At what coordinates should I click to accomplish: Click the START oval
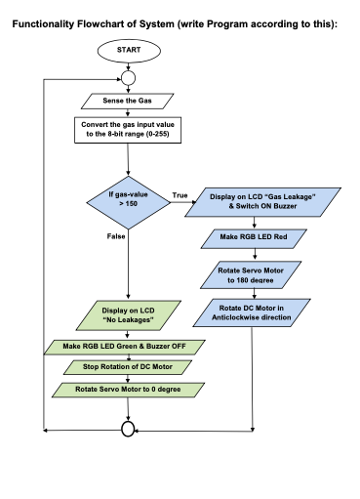(128, 50)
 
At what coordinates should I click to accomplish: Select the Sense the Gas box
(128, 101)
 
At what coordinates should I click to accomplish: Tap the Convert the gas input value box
(128, 128)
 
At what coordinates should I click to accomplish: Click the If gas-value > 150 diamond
(128, 199)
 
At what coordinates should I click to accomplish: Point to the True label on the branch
(180, 195)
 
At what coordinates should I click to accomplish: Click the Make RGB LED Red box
(253, 238)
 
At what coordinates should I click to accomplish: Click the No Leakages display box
(128, 313)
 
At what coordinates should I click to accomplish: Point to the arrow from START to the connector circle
(128, 64)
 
